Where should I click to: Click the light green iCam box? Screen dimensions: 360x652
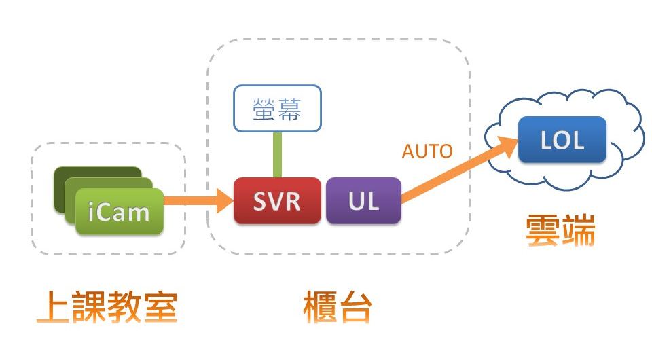coord(119,212)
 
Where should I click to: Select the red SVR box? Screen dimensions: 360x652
coord(277,201)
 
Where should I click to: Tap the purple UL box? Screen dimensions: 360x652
coord(363,201)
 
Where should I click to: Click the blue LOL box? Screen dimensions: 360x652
coord(562,140)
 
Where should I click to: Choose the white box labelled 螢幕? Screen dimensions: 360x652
coord(277,108)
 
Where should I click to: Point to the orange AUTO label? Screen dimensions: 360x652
coord(427,151)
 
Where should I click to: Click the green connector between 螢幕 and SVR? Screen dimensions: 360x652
coord(277,154)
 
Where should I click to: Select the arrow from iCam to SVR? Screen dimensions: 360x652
coord(197,200)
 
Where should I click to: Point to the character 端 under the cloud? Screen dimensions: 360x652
coord(578,231)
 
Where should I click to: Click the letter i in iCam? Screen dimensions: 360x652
coord(92,213)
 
